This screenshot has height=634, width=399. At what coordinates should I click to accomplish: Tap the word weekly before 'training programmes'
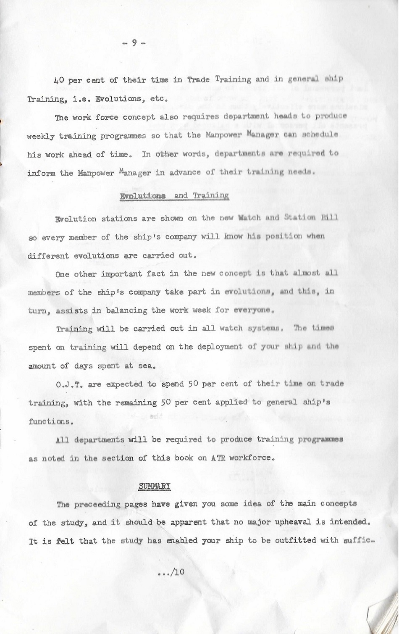tap(40, 137)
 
